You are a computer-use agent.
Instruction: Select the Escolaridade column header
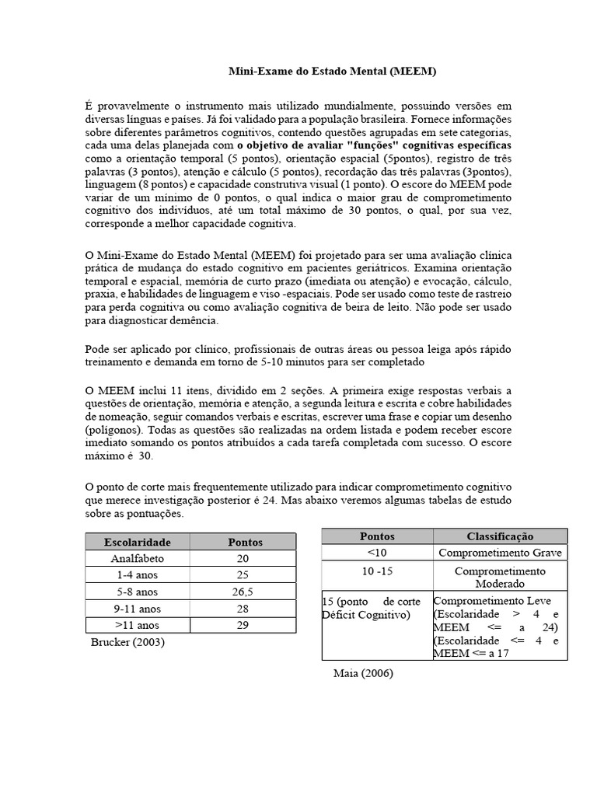(138, 542)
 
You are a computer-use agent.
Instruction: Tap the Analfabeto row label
(138, 558)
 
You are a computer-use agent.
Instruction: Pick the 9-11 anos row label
(138, 608)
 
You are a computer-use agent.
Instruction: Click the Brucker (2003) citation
(127, 642)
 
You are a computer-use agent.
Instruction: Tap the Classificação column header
(500, 536)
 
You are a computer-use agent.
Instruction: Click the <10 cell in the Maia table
(377, 553)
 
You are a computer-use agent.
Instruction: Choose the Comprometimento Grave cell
(500, 553)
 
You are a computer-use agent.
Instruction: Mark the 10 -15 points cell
(377, 571)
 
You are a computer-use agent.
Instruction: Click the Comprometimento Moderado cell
(500, 577)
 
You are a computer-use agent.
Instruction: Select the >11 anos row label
(138, 625)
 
